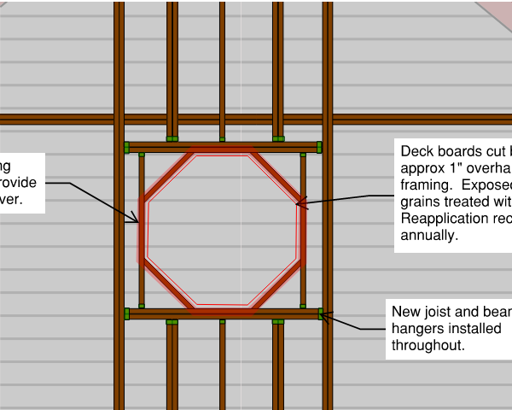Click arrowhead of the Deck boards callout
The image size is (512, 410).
298,203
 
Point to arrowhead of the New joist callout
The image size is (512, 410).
322,316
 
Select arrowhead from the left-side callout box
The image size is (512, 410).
137,222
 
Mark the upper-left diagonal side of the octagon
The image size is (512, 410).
166,178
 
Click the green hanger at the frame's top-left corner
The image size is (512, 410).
126,147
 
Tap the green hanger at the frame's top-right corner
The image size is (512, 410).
319,147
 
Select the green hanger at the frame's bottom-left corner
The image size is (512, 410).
126,313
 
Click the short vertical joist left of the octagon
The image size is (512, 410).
142,273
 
